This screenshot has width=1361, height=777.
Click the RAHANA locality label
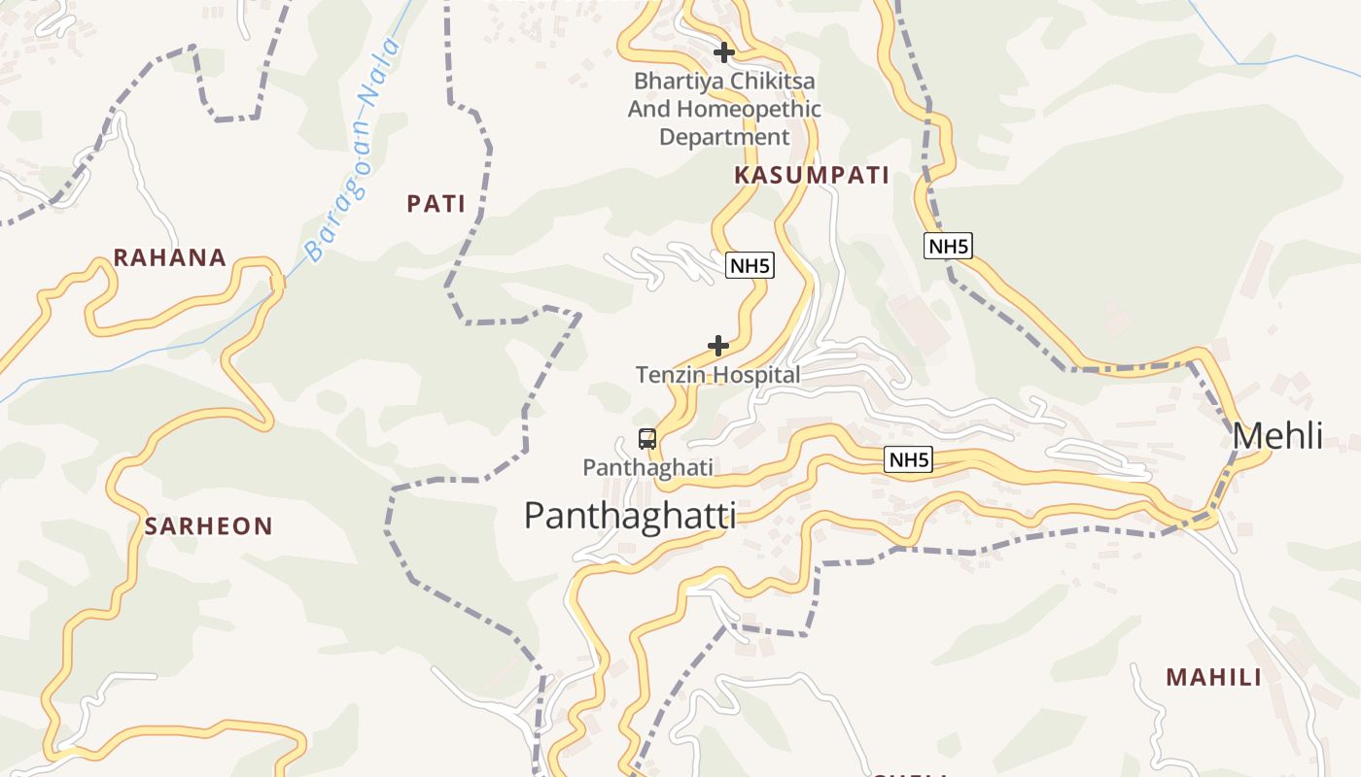click(x=170, y=258)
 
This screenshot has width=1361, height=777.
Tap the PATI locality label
click(x=436, y=204)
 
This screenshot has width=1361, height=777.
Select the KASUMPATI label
click(x=812, y=176)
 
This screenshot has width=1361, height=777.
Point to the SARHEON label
click(x=209, y=526)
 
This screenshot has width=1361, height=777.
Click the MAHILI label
click(x=1213, y=678)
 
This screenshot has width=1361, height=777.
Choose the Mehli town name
click(x=1277, y=437)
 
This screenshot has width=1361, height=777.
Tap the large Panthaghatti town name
click(x=630, y=516)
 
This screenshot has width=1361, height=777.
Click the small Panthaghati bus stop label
click(x=647, y=468)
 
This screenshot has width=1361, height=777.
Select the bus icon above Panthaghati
click(x=647, y=439)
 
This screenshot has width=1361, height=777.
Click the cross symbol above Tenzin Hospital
click(x=718, y=346)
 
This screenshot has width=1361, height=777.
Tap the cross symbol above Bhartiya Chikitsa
click(x=724, y=52)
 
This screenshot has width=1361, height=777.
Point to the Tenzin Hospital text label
click(x=718, y=375)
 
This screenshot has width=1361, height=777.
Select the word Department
click(x=724, y=138)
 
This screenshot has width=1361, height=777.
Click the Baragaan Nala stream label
click(x=352, y=151)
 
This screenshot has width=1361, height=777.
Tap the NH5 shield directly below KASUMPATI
click(x=750, y=265)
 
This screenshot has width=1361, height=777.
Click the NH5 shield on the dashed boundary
click(x=948, y=246)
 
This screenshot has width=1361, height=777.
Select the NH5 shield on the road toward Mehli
click(x=908, y=460)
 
